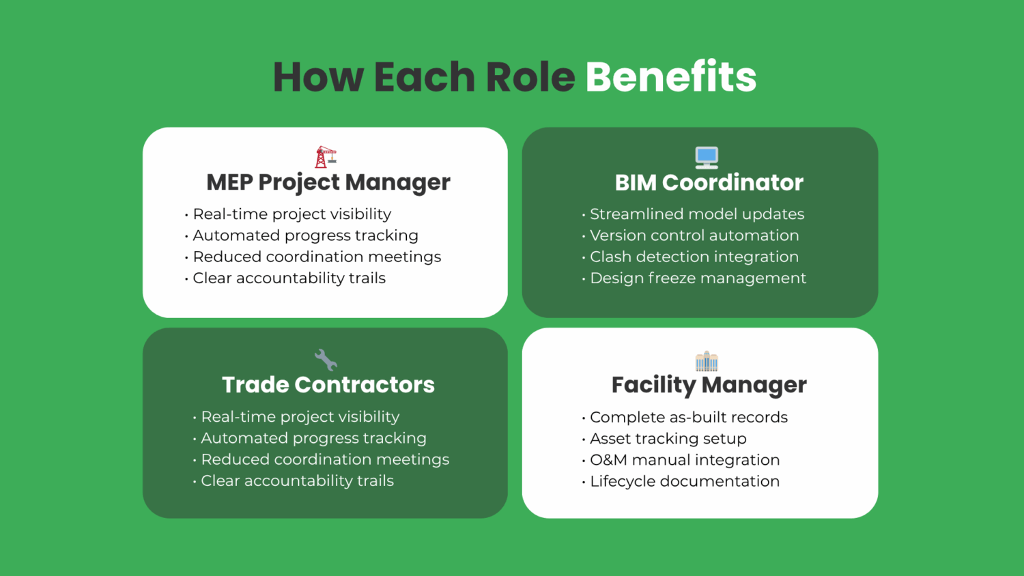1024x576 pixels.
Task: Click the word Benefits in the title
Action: pos(670,76)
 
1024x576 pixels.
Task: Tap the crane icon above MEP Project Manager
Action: pos(326,157)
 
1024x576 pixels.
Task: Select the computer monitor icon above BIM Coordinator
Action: pos(707,158)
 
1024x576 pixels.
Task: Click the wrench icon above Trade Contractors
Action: pos(326,360)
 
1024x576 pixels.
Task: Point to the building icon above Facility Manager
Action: pos(707,361)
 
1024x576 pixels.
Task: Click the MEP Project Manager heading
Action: pos(328,183)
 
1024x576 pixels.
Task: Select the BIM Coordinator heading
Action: pos(709,183)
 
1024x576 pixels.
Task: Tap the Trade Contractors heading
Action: pos(328,385)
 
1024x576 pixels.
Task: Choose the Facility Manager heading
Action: pos(709,386)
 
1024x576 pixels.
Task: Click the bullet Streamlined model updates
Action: pos(697,214)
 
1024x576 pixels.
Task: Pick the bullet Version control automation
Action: pos(694,235)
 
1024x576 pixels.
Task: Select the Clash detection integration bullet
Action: pos(694,257)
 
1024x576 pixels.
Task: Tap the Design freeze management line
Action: pos(698,278)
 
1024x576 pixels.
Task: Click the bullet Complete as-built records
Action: pos(689,417)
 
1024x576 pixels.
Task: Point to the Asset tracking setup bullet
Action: pos(668,439)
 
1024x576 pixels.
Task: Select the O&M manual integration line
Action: pos(685,460)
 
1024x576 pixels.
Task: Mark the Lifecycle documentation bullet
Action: pos(685,481)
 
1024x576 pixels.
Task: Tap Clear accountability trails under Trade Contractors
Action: pos(297,481)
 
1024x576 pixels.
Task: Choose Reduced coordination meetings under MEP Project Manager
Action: pos(317,257)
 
